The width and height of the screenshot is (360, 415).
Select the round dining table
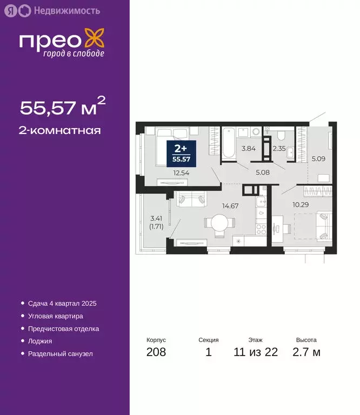point(219,224)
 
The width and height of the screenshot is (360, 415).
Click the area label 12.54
point(182,173)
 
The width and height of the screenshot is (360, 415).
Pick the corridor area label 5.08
point(262,173)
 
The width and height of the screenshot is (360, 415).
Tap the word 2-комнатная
point(61,130)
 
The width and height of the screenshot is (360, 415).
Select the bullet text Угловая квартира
point(55,316)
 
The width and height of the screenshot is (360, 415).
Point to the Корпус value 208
point(156,353)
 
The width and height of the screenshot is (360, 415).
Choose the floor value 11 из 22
point(256,353)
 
